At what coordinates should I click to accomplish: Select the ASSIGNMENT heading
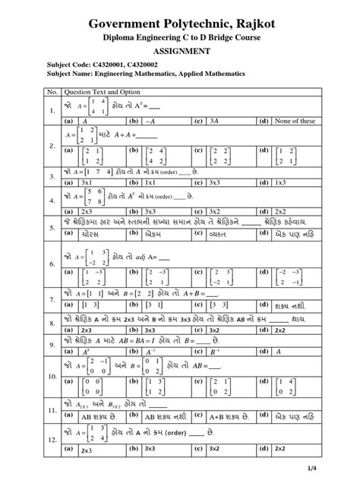pyautogui.click(x=179, y=51)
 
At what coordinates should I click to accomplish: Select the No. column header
pyautogui.click(x=52, y=91)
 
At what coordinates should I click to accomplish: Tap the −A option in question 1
pyautogui.click(x=148, y=120)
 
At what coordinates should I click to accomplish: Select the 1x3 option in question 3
pyautogui.click(x=281, y=182)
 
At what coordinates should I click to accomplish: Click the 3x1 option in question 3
pyautogui.click(x=86, y=182)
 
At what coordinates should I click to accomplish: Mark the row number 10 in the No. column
pyautogui.click(x=52, y=376)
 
